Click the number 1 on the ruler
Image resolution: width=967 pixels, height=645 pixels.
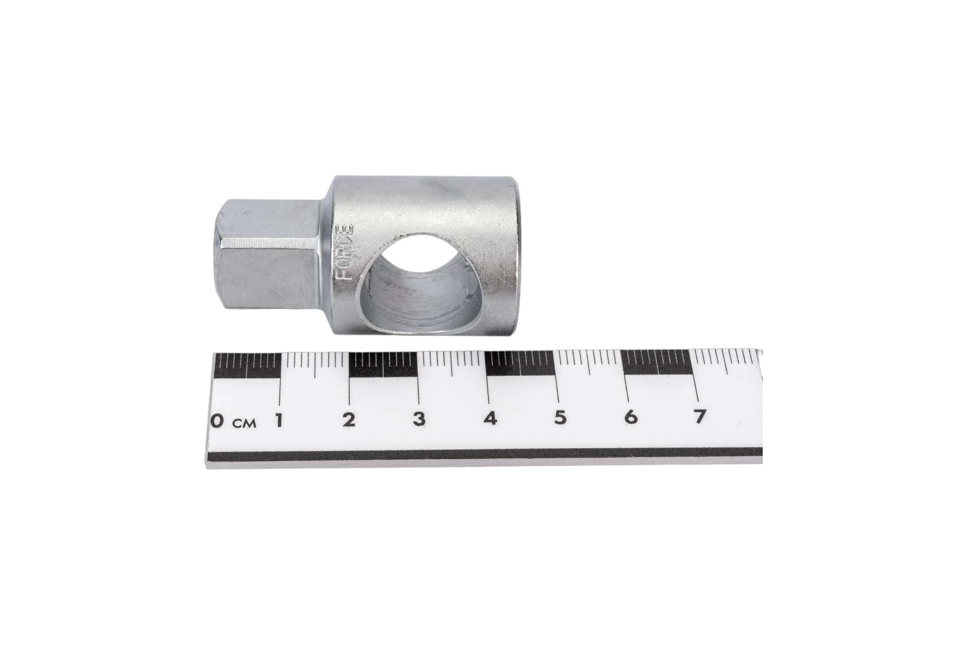[280, 420]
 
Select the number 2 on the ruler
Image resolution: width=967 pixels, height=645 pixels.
[349, 420]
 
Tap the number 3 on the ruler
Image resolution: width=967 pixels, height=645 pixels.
[419, 419]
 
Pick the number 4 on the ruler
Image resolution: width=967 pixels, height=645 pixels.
[490, 418]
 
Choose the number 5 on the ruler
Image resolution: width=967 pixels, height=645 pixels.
[560, 418]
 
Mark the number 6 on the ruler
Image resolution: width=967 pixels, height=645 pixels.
[631, 417]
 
